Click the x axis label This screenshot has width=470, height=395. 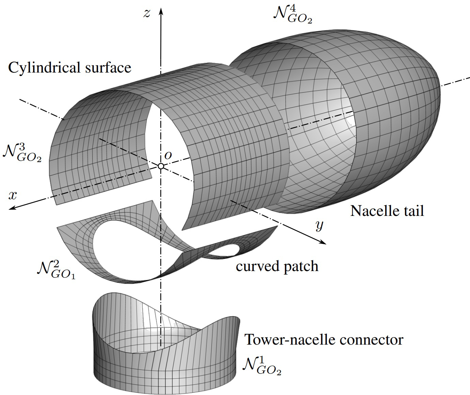[13, 195]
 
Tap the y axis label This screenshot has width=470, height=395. [319, 225]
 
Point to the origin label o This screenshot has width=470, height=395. [168, 155]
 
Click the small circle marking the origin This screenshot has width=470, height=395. [161, 166]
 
